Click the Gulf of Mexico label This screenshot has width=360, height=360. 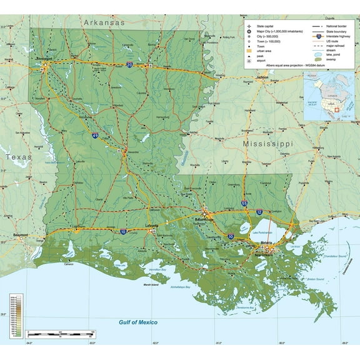(x=138, y=322)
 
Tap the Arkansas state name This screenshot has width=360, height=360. (x=104, y=22)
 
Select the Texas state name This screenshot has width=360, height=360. (x=19, y=157)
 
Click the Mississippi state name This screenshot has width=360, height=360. (x=267, y=144)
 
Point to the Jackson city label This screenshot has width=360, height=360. (x=261, y=77)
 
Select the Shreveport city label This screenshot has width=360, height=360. (x=43, y=61)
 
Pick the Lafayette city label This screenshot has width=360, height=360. (x=150, y=224)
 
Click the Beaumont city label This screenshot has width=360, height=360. (x=20, y=235)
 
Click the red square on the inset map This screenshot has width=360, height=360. (x=338, y=109)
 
